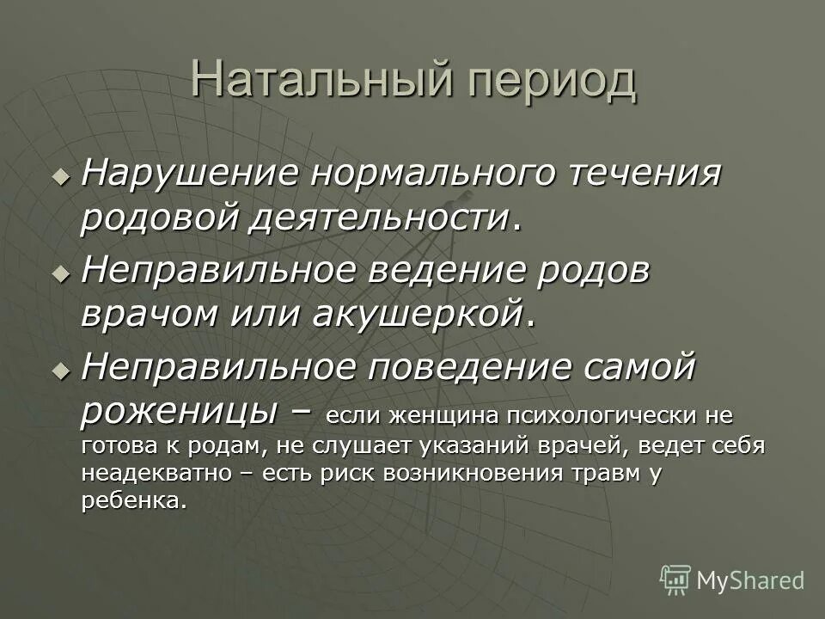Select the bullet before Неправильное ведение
tap(59, 273)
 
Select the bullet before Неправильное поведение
tap(59, 371)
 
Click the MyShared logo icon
tap(675, 579)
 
